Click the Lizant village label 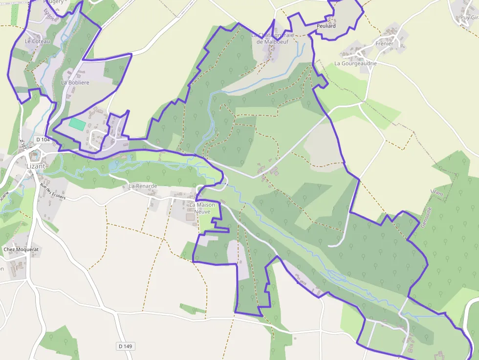(x=35, y=166)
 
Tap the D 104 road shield (x=43, y=140)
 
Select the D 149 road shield (x=125, y=346)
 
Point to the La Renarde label (x=143, y=186)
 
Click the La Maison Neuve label (x=202, y=208)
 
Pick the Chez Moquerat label (x=21, y=250)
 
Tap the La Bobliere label (x=75, y=83)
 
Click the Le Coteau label (x=37, y=42)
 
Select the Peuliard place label (x=326, y=26)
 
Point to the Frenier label (x=384, y=43)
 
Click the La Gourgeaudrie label (x=355, y=63)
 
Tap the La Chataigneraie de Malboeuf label (x=273, y=39)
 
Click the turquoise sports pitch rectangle (x=77, y=124)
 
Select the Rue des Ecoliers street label (x=52, y=191)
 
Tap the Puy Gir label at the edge (x=469, y=18)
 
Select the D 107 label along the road (x=22, y=145)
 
